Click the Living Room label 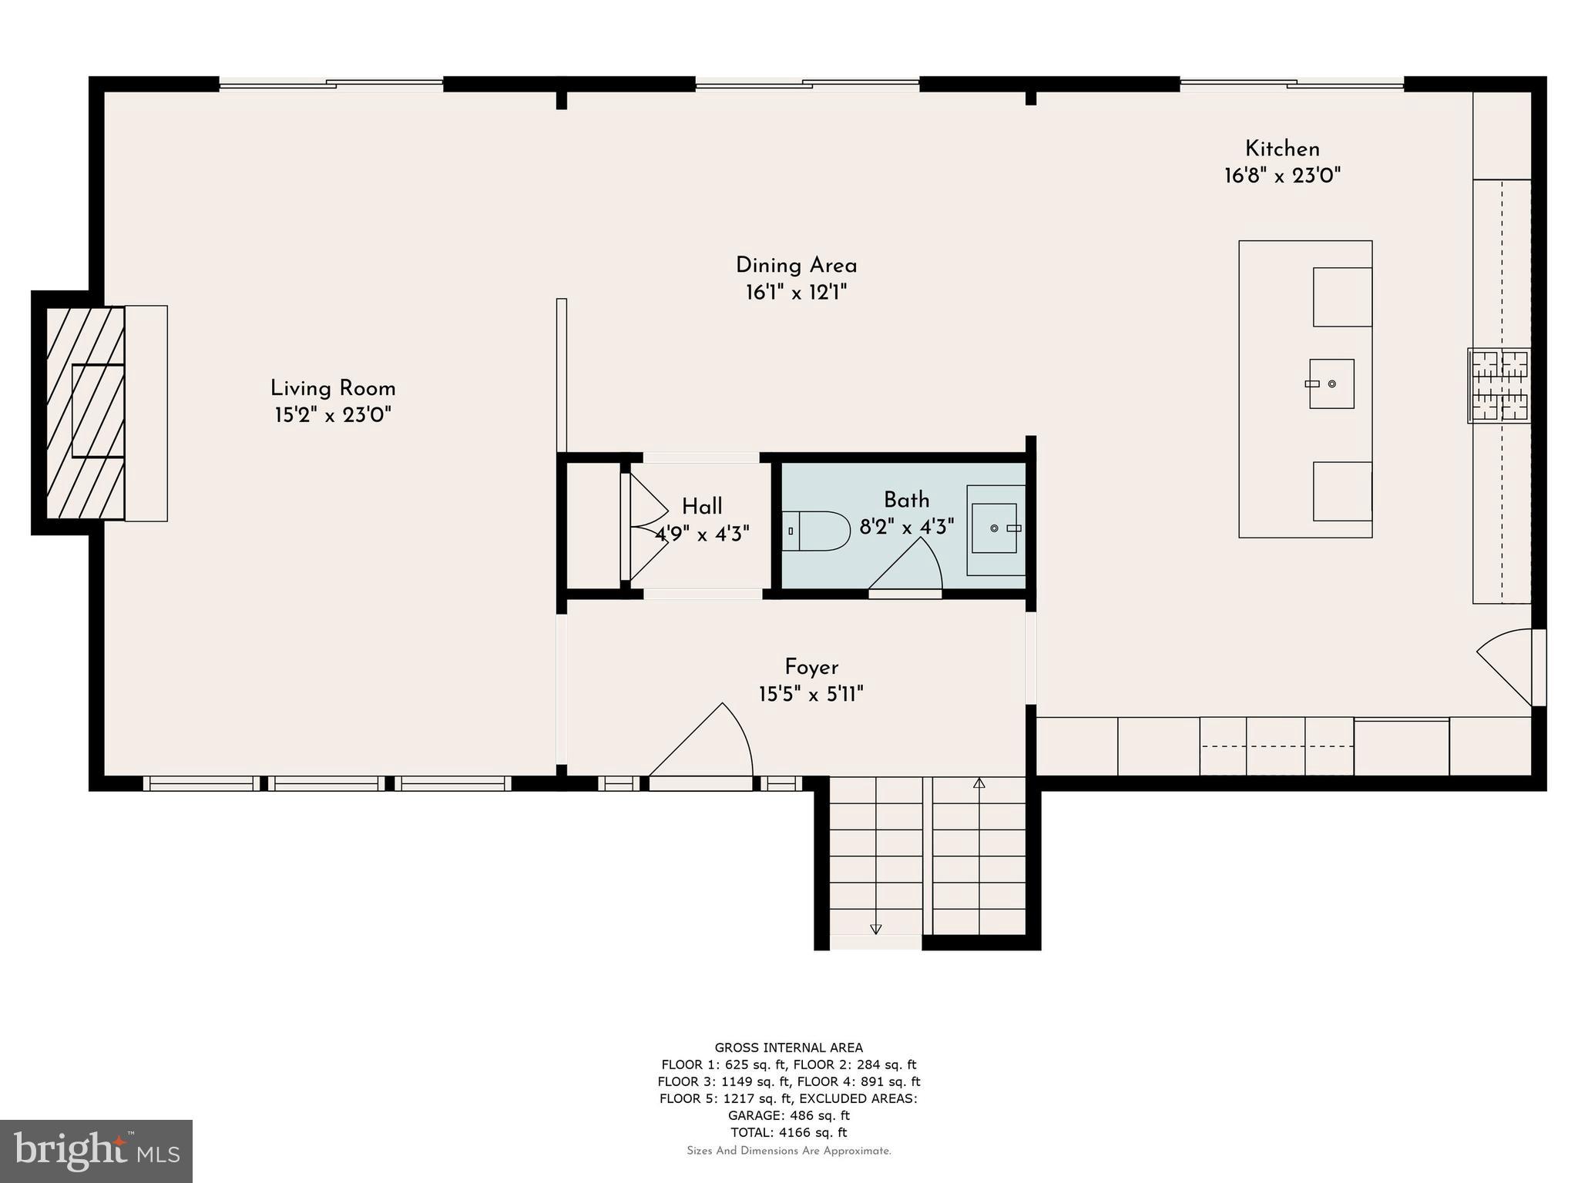click(333, 388)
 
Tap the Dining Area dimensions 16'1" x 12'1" click(796, 293)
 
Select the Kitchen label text click(1282, 149)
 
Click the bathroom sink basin click(994, 528)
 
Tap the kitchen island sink click(1331, 384)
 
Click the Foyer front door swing click(709, 743)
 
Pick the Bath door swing click(909, 566)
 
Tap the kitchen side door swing click(1506, 666)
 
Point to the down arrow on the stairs click(875, 929)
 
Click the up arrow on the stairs click(979, 783)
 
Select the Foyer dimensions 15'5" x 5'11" click(811, 695)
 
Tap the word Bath click(906, 500)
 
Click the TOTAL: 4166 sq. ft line click(788, 1132)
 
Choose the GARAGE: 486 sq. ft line click(788, 1115)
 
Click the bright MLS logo click(96, 1151)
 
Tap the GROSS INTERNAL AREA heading click(788, 1047)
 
